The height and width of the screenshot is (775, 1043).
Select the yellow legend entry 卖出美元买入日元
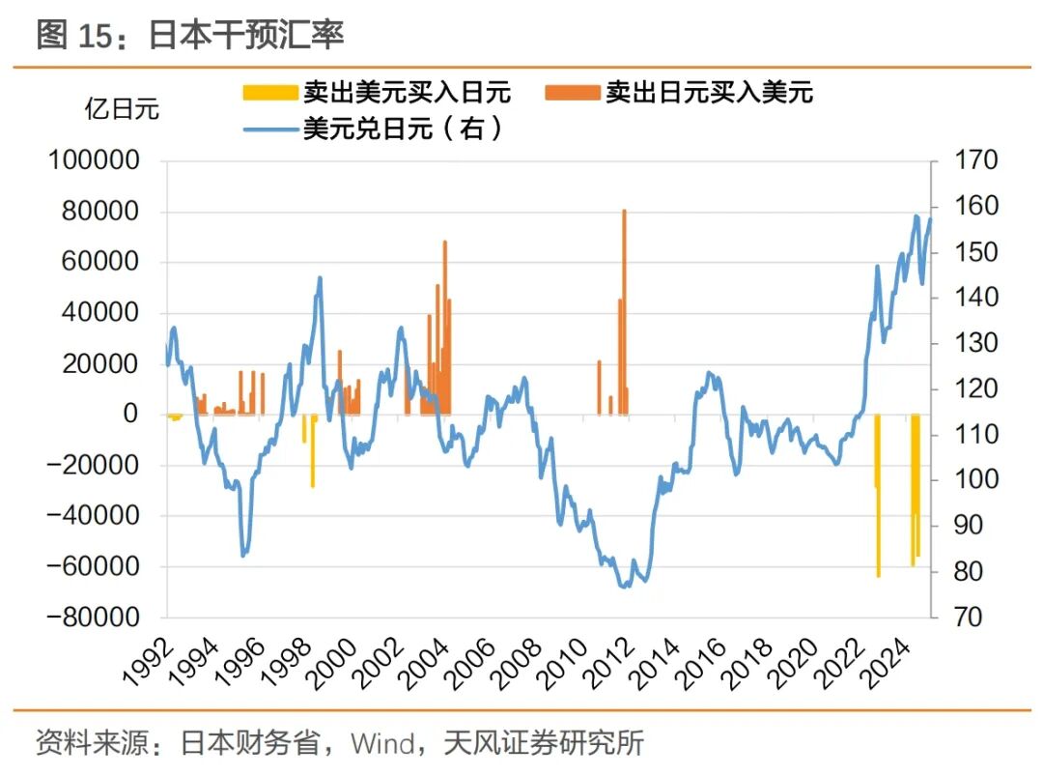377,93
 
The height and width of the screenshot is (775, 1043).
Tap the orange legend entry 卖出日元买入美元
680,93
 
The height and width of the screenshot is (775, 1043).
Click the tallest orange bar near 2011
625,309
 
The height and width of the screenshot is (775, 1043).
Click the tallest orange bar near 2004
445,329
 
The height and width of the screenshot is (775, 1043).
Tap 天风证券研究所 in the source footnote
543,744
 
